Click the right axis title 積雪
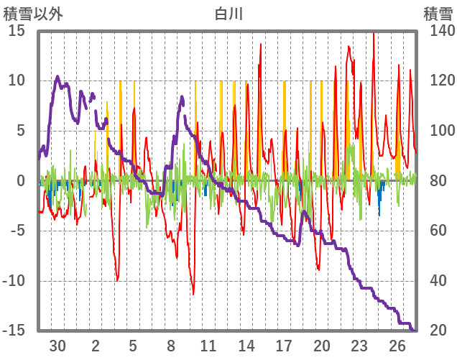pyautogui.click(x=438, y=12)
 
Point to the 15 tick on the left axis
pyautogui.click(x=17, y=31)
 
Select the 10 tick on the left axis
pyautogui.click(x=17, y=80)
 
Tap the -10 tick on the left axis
pyautogui.click(x=15, y=281)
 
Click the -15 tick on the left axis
pyautogui.click(x=15, y=331)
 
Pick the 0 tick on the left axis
pyautogui.click(x=22, y=181)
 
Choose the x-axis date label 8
pyautogui.click(x=171, y=345)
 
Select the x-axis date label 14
pyautogui.click(x=246, y=345)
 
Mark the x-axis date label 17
pyautogui.click(x=284, y=345)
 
